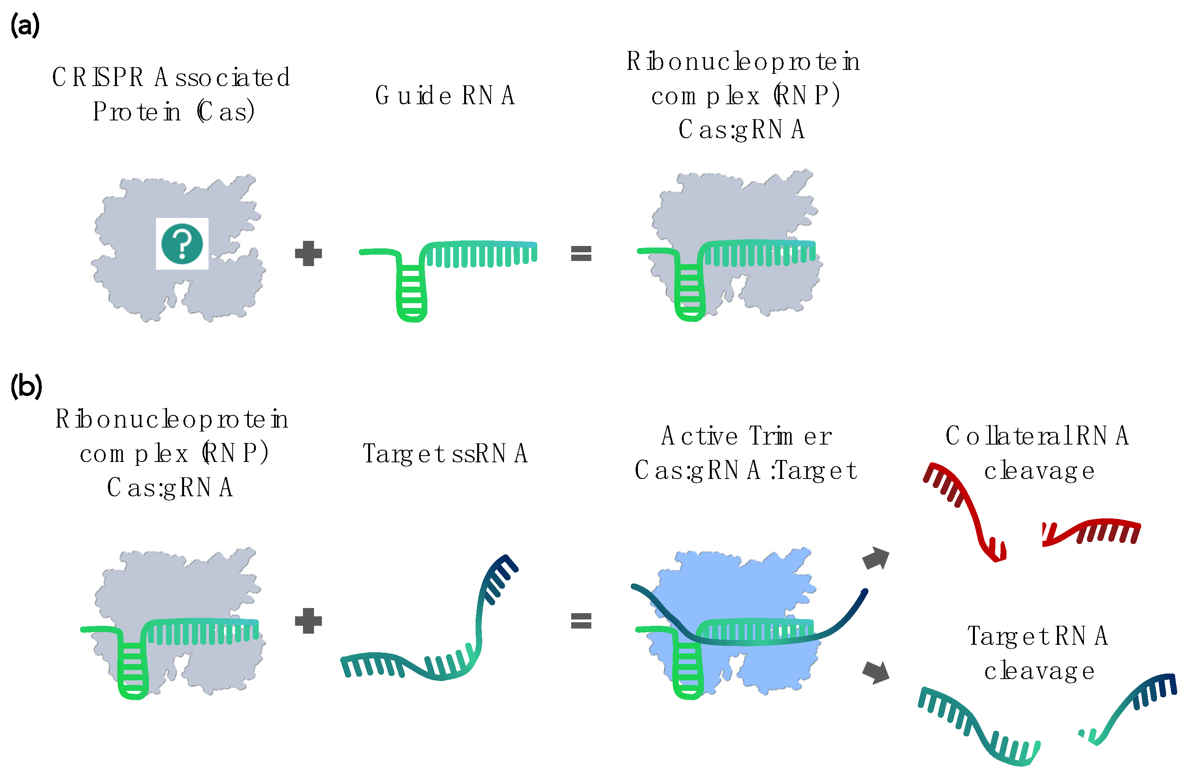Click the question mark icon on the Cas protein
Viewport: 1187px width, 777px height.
(x=182, y=244)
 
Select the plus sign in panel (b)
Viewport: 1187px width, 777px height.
(x=308, y=621)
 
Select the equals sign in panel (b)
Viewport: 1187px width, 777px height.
(x=581, y=621)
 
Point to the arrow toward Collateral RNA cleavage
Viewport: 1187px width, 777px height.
(x=876, y=558)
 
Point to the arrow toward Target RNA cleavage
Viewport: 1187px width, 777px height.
(x=876, y=672)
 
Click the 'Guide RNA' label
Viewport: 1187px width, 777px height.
(x=445, y=95)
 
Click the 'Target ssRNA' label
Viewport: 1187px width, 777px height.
(x=445, y=454)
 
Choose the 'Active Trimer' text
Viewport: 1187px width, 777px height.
(x=746, y=436)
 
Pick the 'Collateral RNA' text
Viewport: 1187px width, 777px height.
(x=1037, y=436)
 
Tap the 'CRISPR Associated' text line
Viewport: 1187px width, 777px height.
(x=171, y=77)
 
